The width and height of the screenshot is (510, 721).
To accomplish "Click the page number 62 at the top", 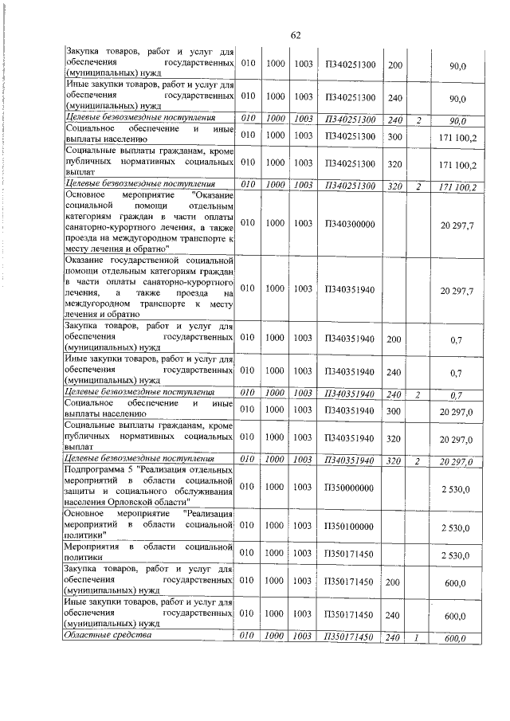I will tap(295, 35).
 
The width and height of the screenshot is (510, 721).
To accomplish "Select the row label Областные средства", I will tap(108, 636).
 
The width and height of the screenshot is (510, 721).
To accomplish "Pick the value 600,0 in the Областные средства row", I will tap(455, 638).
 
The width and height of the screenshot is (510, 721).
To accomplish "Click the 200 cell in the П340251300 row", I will tap(394, 63).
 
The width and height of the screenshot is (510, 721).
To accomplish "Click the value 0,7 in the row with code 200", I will tap(457, 340).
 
